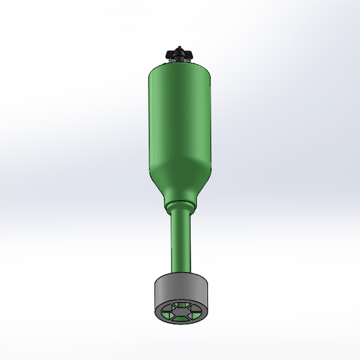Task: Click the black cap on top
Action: pyautogui.click(x=180, y=54)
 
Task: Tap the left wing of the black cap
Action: pyautogui.click(x=170, y=54)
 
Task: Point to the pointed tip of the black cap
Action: pyautogui.click(x=180, y=47)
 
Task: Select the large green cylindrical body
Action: pyautogui.click(x=180, y=119)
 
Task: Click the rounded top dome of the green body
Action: pyautogui.click(x=180, y=68)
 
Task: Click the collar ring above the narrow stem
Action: pyautogui.click(x=180, y=207)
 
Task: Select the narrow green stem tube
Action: pyautogui.click(x=180, y=241)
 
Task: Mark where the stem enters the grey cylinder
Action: pyautogui.click(x=180, y=271)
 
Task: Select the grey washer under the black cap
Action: pyautogui.click(x=180, y=61)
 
